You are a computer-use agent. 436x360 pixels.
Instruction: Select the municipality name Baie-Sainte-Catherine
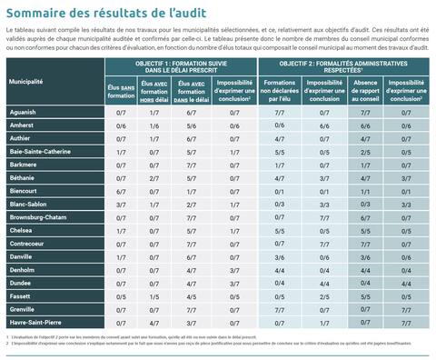[x=40, y=150]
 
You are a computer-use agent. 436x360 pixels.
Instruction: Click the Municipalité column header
[x=27, y=83]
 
